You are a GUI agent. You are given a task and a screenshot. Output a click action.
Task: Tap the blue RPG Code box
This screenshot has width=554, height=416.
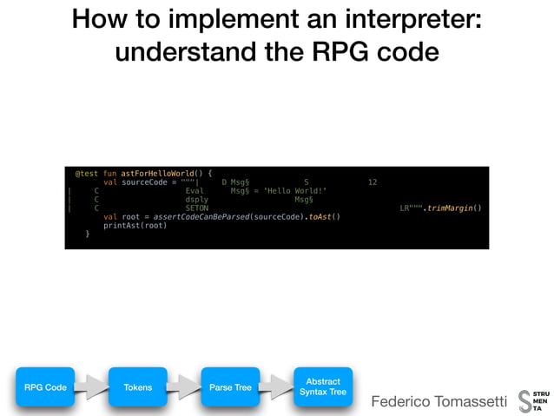[45, 387]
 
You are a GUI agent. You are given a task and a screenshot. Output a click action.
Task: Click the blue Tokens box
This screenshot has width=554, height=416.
[138, 387]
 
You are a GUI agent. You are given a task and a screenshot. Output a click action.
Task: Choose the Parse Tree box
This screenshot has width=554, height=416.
[231, 387]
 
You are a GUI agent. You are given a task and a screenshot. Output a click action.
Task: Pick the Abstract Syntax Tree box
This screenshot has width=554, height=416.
[322, 387]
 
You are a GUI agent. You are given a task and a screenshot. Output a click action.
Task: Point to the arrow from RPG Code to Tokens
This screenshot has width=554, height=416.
[92, 387]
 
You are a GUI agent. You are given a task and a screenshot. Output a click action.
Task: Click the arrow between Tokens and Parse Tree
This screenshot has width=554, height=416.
[184, 387]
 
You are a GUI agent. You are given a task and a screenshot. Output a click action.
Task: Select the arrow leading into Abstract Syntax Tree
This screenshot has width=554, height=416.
[277, 387]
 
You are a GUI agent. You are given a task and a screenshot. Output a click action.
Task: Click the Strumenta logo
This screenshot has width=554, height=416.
[533, 401]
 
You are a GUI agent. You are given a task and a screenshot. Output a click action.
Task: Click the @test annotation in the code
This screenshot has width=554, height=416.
[86, 173]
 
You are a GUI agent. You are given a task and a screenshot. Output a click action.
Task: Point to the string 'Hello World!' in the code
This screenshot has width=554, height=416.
[294, 190]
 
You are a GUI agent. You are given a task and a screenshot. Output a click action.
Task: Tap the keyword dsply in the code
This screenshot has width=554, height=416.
[197, 199]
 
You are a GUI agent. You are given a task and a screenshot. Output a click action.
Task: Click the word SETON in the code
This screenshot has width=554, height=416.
[197, 208]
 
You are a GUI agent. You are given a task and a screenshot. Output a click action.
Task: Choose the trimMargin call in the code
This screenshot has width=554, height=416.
[454, 208]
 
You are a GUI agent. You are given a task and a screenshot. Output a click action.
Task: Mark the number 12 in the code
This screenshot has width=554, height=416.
[373, 182]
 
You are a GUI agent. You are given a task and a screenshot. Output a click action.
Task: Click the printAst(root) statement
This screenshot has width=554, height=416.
[135, 226]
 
